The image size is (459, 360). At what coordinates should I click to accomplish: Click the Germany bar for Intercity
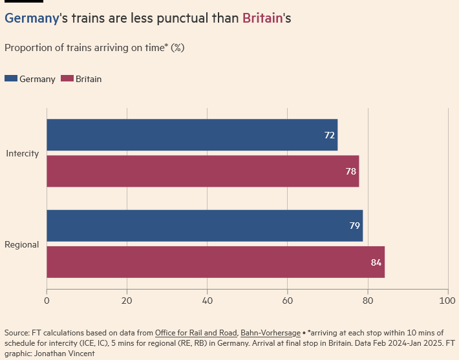192,135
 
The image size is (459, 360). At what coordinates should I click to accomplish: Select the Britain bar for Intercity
202,171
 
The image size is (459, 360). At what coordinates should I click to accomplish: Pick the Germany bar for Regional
204,226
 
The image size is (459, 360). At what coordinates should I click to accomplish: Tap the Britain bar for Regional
215,262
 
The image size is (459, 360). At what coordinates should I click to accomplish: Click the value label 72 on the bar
329,135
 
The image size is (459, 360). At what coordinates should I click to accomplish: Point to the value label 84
376,262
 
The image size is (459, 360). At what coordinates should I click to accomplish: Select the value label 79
354,226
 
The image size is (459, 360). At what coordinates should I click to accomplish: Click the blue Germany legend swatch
11,79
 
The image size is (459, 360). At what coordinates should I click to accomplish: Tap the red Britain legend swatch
67,79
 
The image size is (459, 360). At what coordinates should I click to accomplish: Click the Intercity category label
23,154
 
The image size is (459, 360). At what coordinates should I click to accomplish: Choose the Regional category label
22,244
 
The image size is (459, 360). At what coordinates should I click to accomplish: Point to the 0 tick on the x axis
47,301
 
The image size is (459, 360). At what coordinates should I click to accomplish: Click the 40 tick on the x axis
207,301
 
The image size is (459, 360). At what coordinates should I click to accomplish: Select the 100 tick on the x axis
447,301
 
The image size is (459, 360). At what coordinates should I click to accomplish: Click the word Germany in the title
31,18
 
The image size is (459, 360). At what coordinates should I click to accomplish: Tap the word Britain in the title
262,18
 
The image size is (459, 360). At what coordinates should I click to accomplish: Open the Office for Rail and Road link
196,332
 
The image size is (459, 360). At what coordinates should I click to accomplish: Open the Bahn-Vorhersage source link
270,332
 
